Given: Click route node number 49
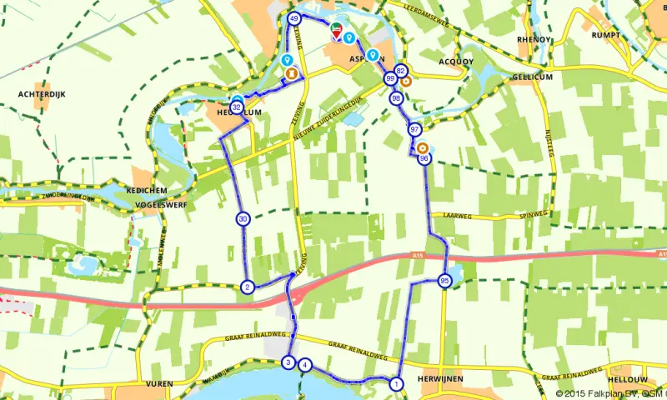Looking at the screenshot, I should point(293,18).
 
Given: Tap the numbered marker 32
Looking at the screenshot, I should point(238,107).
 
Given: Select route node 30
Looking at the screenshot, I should point(243,219).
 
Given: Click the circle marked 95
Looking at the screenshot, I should point(444,281).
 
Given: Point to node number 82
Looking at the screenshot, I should point(401,71).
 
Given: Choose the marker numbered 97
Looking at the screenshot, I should point(414,129).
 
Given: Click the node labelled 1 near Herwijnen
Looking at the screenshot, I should point(396,384).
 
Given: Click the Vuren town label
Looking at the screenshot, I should point(158,384).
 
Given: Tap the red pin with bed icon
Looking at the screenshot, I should point(336,32).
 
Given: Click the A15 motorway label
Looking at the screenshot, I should point(417,257).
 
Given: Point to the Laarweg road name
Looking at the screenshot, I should point(458,215).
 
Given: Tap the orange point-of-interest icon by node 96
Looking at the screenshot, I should point(423,148).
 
